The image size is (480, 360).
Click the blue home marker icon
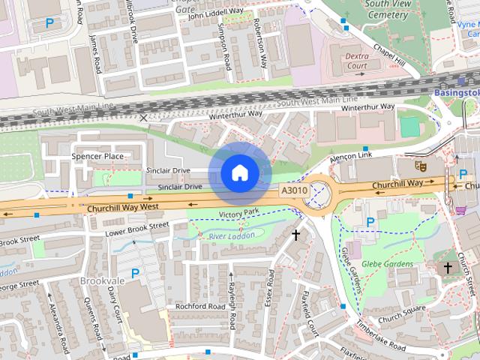(x=239, y=173)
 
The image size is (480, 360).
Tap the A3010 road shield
(x=295, y=192)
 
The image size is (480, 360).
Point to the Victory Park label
(x=238, y=214)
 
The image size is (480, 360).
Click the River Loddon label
(x=232, y=236)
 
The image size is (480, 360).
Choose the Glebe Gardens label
(x=388, y=264)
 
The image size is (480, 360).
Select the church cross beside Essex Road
(x=296, y=235)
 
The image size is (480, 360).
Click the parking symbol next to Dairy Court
(x=135, y=273)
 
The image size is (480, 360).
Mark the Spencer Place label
(x=97, y=156)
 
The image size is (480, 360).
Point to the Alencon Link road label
(x=351, y=154)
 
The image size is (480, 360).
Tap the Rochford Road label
(x=199, y=306)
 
